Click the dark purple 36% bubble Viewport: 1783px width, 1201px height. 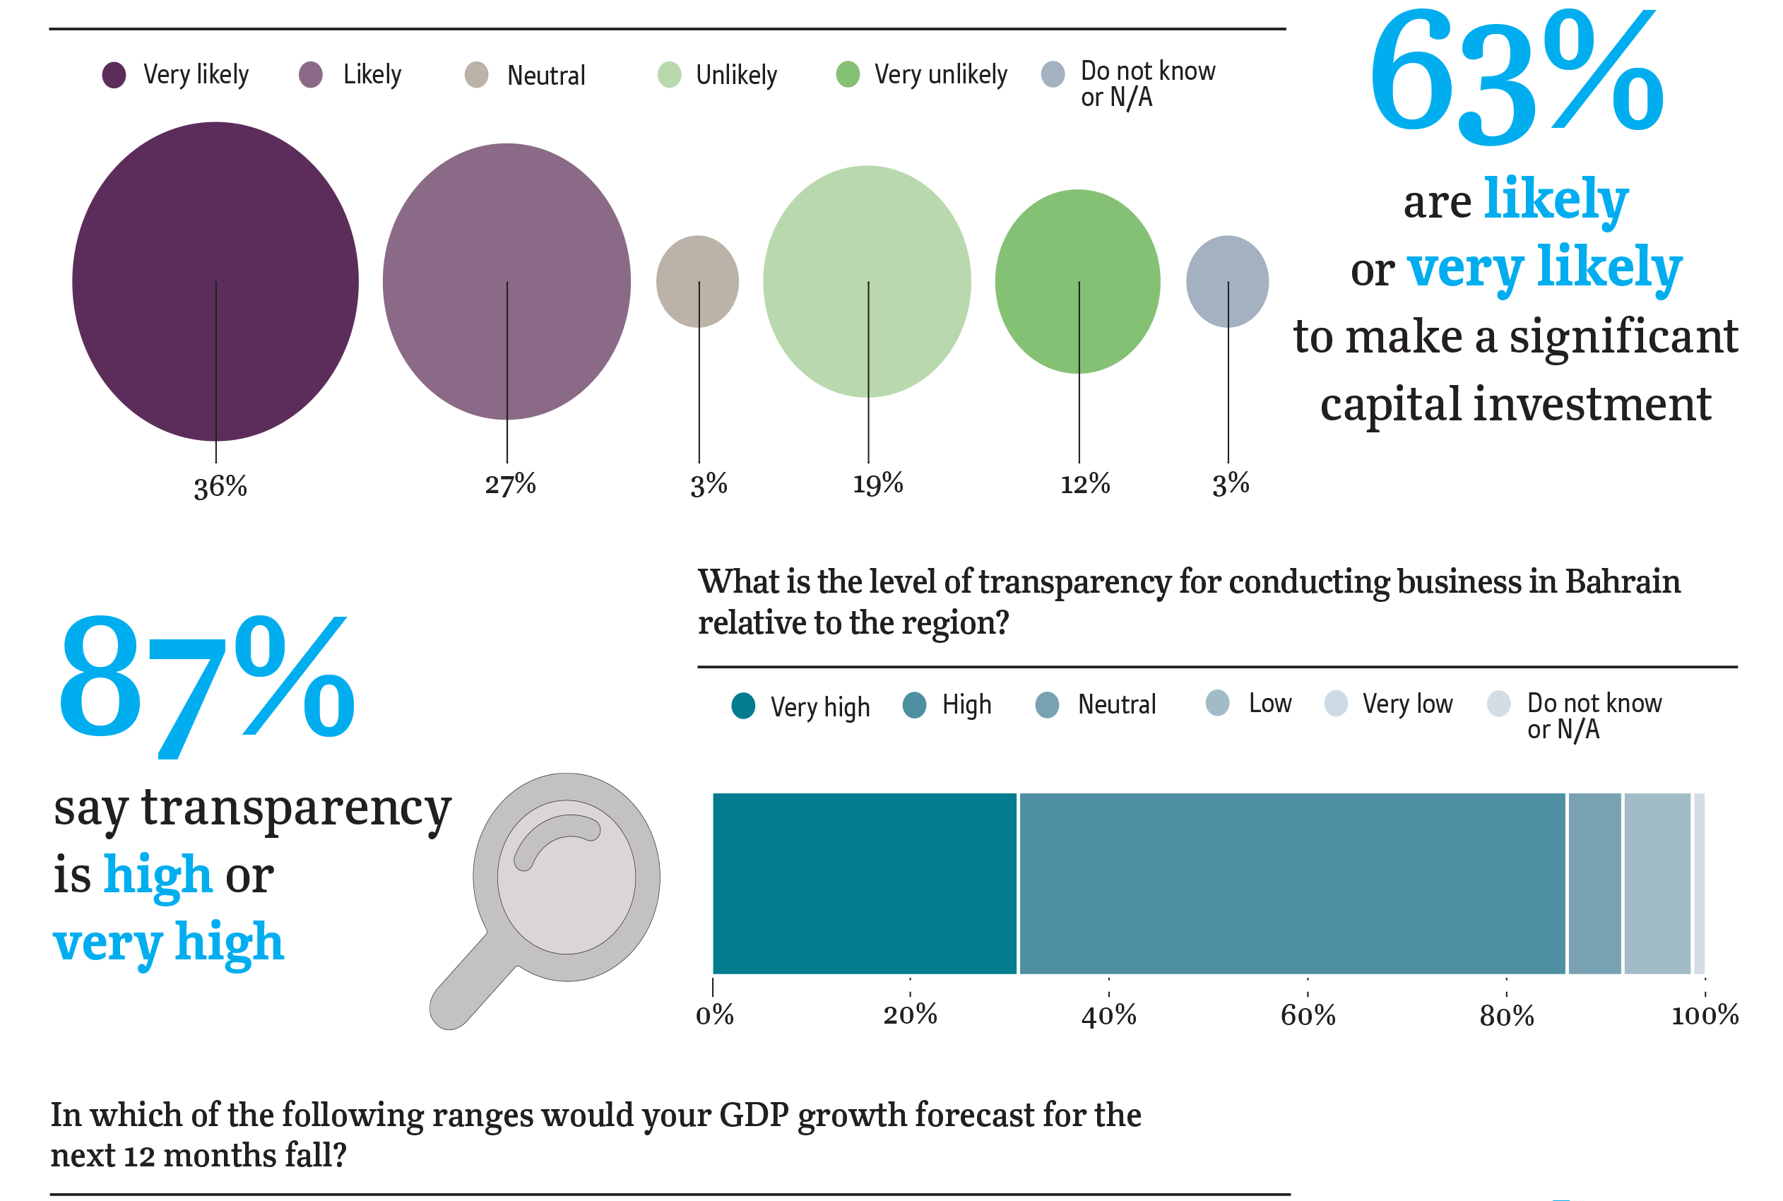215,281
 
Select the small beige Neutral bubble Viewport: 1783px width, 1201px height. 697,281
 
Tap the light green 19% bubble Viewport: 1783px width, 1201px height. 866,281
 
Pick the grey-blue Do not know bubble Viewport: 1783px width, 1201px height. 1227,281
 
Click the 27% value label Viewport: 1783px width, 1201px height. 510,484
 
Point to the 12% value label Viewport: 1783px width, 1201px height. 1084,484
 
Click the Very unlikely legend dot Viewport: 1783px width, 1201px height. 847,74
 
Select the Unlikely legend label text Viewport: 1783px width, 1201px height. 736,75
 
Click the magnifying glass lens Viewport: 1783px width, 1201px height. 566,876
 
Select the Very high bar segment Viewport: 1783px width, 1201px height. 864,883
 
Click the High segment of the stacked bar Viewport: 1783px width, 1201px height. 1291,883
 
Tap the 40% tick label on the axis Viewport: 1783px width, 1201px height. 1108,1016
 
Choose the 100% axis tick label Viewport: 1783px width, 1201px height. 1704,1016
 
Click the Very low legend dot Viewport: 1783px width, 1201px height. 1336,703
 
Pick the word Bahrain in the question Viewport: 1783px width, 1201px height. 1622,581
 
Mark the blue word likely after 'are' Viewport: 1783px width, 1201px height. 1556,199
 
